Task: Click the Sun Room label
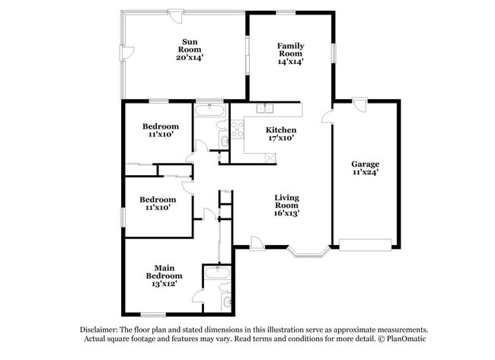pyautogui.click(x=190, y=49)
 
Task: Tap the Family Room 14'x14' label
pyautogui.click(x=289, y=54)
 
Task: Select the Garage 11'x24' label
pyautogui.click(x=365, y=168)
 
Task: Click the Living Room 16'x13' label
pyautogui.click(x=286, y=206)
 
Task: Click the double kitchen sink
pyautogui.click(x=264, y=108)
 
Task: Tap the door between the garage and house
pyautogui.click(x=327, y=115)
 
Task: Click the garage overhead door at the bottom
pyautogui.click(x=366, y=245)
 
